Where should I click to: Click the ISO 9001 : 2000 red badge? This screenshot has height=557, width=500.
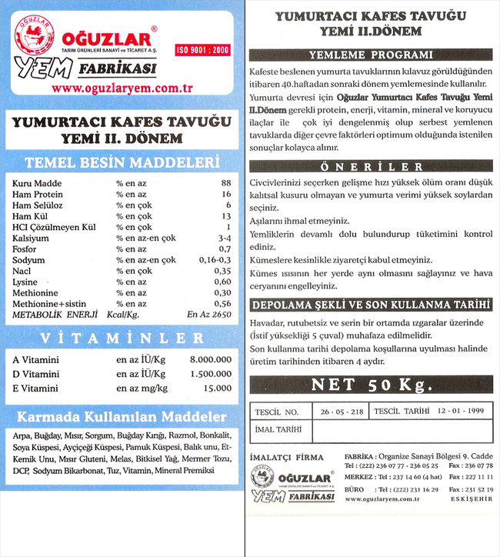pos(203,49)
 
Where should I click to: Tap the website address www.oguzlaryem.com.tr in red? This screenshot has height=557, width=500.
pos(122,88)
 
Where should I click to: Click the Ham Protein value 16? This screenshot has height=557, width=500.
pos(225,195)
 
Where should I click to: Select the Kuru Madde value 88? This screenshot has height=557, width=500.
pos(225,183)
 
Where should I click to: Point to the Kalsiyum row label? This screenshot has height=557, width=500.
pos(32,238)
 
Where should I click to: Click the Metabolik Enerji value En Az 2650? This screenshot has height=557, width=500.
pos(208,315)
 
